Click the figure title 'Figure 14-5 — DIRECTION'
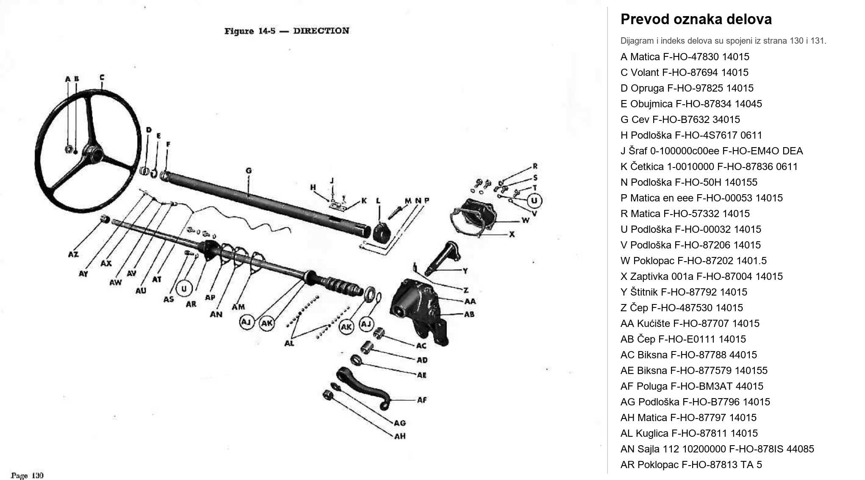click(287, 31)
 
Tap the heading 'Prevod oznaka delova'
click(696, 20)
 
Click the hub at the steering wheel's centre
click(93, 151)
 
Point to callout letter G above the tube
click(249, 171)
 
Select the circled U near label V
click(534, 201)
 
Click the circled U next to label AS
click(184, 289)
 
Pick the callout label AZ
click(73, 254)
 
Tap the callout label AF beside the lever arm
click(422, 400)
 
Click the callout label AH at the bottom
click(400, 436)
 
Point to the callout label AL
click(289, 343)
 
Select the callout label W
click(525, 220)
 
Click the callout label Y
click(465, 271)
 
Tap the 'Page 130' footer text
click(27, 475)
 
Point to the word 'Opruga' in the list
click(647, 88)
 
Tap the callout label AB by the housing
click(469, 315)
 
